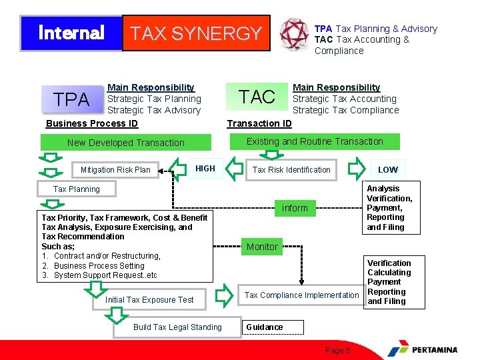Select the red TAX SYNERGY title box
(x=196, y=33)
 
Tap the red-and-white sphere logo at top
(x=293, y=33)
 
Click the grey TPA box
(x=71, y=100)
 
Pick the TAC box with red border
(x=257, y=97)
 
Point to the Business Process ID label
(x=92, y=123)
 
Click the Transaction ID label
(x=259, y=123)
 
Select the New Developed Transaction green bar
(x=126, y=143)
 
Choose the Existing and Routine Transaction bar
(x=315, y=141)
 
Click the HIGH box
(x=205, y=169)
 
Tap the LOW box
(x=387, y=170)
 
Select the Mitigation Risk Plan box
(x=115, y=170)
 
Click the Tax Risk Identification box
(x=291, y=170)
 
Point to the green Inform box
(x=295, y=209)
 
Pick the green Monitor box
(x=262, y=247)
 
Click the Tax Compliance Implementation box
(x=301, y=295)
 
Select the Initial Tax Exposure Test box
(x=149, y=300)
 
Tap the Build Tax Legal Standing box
(x=177, y=327)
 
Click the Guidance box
(x=271, y=327)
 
